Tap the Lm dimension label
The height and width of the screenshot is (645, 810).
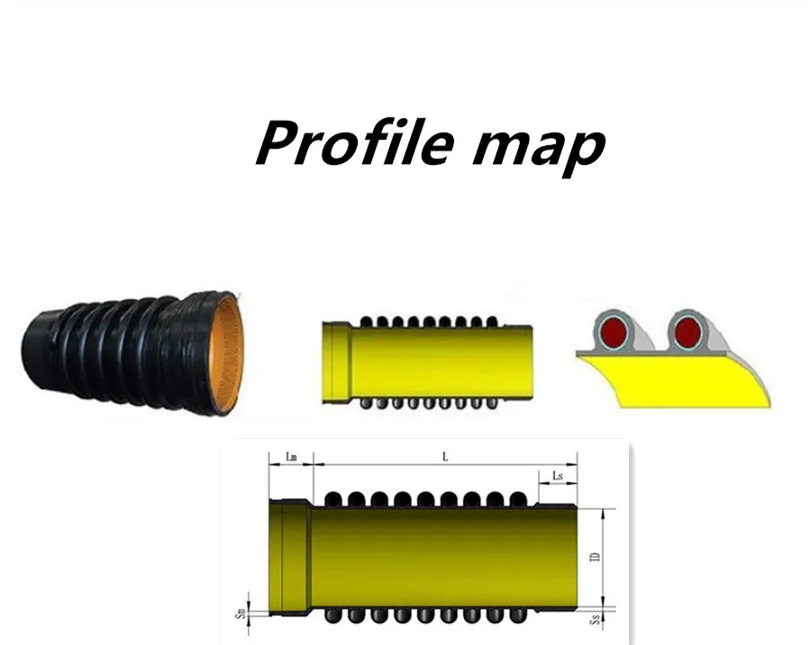click(x=291, y=457)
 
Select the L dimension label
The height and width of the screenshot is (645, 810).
click(x=444, y=457)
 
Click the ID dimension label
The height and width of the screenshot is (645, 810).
click(x=594, y=559)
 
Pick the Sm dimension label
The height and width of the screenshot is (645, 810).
click(x=239, y=612)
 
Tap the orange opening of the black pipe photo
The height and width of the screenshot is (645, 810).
click(x=227, y=353)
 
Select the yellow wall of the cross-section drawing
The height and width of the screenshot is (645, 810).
click(x=676, y=378)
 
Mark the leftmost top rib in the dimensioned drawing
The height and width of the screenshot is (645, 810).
click(x=332, y=497)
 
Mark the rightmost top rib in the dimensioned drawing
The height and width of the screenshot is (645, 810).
click(x=517, y=497)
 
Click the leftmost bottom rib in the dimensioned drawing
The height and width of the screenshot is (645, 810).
click(x=332, y=616)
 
